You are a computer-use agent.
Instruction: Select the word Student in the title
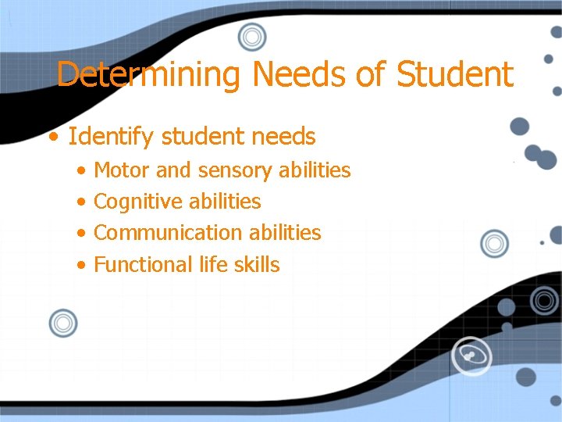pos(455,75)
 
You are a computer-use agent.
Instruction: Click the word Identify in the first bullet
pos(112,138)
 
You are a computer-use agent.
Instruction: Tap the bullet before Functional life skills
pos(82,265)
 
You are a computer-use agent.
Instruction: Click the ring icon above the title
pos(252,37)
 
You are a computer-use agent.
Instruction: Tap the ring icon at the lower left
pos(62,323)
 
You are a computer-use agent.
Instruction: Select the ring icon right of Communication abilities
pos(493,244)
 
